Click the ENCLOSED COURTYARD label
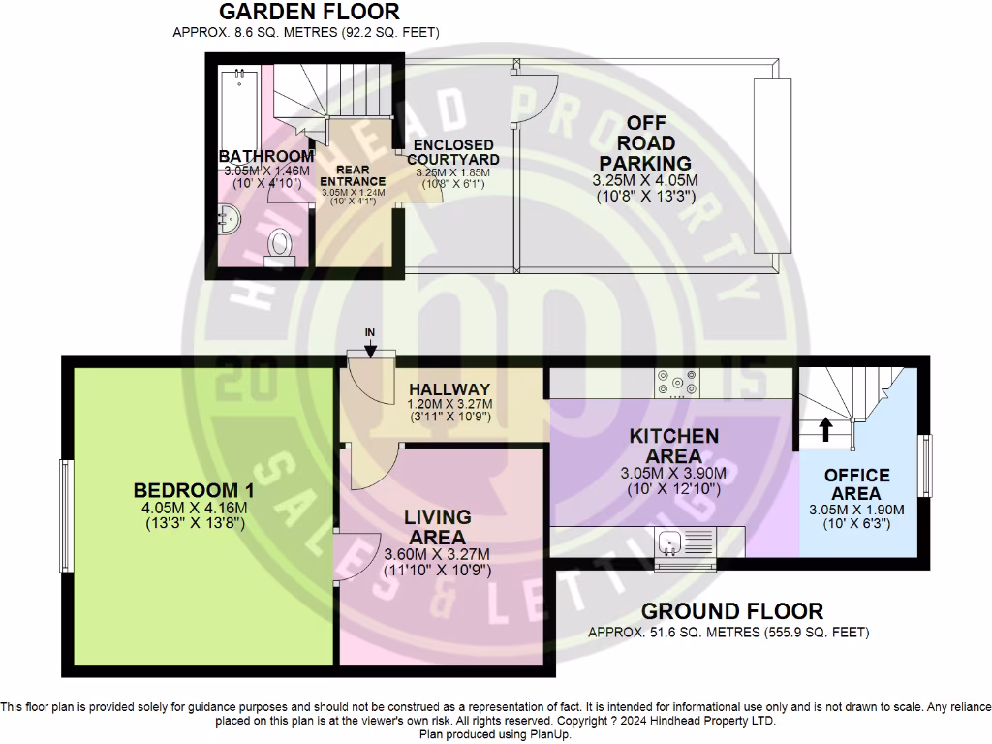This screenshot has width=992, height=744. (453, 152)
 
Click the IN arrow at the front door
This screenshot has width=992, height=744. (370, 349)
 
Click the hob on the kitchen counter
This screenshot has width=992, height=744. (676, 384)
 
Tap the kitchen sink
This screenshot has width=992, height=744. (682, 542)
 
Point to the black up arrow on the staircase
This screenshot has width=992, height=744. (825, 428)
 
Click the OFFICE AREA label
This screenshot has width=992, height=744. (856, 483)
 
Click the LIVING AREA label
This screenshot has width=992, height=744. (438, 526)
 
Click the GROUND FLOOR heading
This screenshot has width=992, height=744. (731, 611)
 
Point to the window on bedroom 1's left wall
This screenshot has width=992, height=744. (66, 513)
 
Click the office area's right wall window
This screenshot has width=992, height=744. (926, 467)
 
